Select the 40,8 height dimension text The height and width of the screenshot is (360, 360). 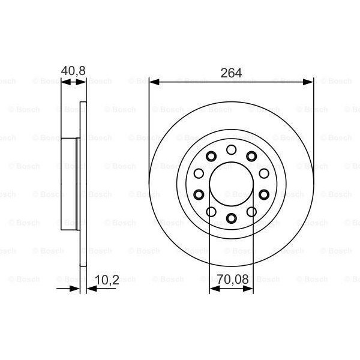(x=73, y=70)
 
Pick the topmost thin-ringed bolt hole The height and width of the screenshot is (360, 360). (x=232, y=150)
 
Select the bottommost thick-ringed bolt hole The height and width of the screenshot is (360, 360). (x=232, y=218)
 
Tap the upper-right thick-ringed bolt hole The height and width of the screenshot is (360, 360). (x=252, y=157)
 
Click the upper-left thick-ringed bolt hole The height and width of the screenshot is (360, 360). (x=211, y=157)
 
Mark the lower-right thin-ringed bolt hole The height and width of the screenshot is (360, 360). (x=252, y=211)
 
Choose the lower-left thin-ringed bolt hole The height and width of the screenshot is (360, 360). (x=211, y=211)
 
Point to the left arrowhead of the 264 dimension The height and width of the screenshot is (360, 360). (x=154, y=82)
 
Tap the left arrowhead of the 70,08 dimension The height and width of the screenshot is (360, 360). (x=213, y=289)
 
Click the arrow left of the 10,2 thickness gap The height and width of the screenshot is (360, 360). (x=75, y=289)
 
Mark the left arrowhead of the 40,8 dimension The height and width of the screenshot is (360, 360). (x=65, y=82)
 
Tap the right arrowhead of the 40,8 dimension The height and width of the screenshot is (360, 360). (x=82, y=82)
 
